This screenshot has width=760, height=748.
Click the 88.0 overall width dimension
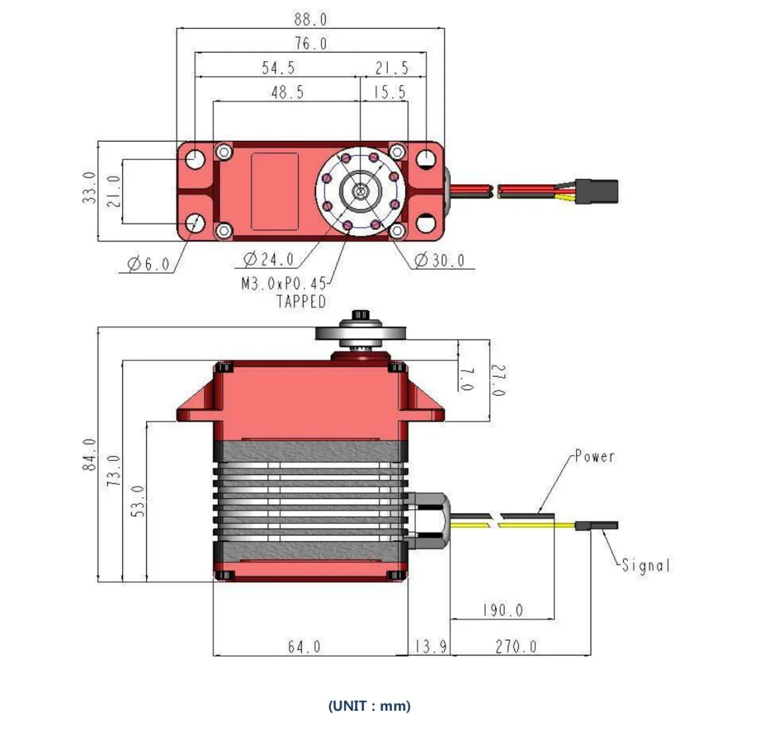310,19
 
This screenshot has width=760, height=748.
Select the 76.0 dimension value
310,44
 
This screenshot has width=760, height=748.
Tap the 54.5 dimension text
278,68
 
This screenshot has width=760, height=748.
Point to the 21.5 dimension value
392,68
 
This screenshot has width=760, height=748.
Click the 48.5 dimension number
287,92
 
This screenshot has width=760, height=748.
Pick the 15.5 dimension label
389,92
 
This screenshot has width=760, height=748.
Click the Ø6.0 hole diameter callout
148,264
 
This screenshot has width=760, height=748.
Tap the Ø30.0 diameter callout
439,260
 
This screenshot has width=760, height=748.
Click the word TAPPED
301,302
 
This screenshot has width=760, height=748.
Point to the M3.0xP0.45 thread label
284,284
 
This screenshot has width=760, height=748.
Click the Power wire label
595,457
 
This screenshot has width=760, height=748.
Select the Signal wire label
646,566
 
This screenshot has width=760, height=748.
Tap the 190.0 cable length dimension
502,610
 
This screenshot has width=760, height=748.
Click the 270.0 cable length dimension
516,646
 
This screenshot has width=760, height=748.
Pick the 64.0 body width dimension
304,646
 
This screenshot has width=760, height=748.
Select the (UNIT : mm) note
369,705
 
